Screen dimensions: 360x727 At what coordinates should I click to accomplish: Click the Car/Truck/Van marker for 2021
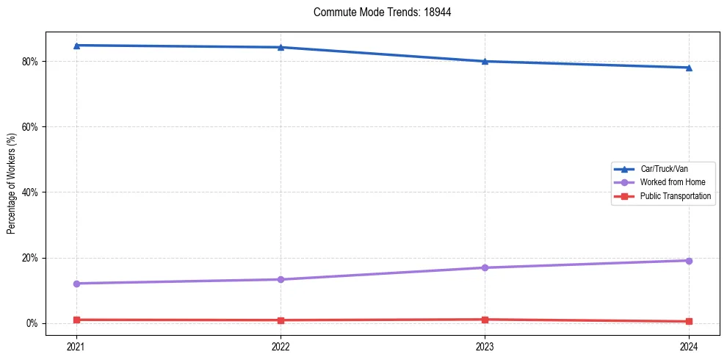click(x=76, y=46)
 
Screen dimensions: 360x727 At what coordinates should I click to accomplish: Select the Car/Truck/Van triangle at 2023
click(x=485, y=61)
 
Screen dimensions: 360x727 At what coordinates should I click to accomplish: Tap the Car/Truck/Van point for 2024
click(x=689, y=68)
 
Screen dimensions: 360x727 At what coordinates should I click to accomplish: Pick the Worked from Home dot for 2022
click(x=281, y=279)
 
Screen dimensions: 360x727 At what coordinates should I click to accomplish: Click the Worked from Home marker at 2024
click(x=689, y=261)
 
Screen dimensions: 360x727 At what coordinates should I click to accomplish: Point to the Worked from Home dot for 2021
click(x=76, y=284)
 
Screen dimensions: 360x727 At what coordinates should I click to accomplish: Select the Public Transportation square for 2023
click(x=485, y=320)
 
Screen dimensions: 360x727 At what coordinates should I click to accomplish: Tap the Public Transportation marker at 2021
click(x=76, y=320)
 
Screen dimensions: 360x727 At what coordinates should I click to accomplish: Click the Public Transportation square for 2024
click(x=689, y=321)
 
